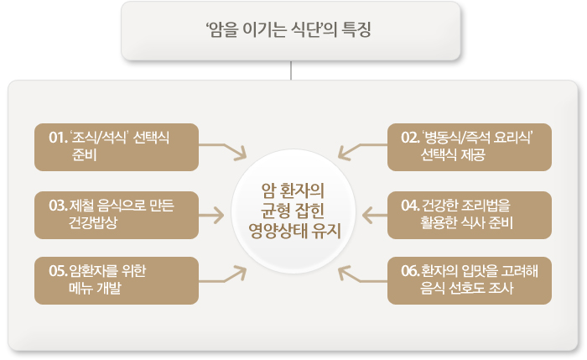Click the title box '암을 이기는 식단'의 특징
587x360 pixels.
(x=290, y=30)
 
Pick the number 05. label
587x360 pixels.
(x=58, y=270)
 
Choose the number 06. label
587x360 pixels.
(x=410, y=270)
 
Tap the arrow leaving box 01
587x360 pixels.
(x=223, y=149)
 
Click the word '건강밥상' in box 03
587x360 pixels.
(x=95, y=222)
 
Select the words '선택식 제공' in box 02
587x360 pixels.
(x=454, y=155)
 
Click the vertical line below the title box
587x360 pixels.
(x=290, y=70)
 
